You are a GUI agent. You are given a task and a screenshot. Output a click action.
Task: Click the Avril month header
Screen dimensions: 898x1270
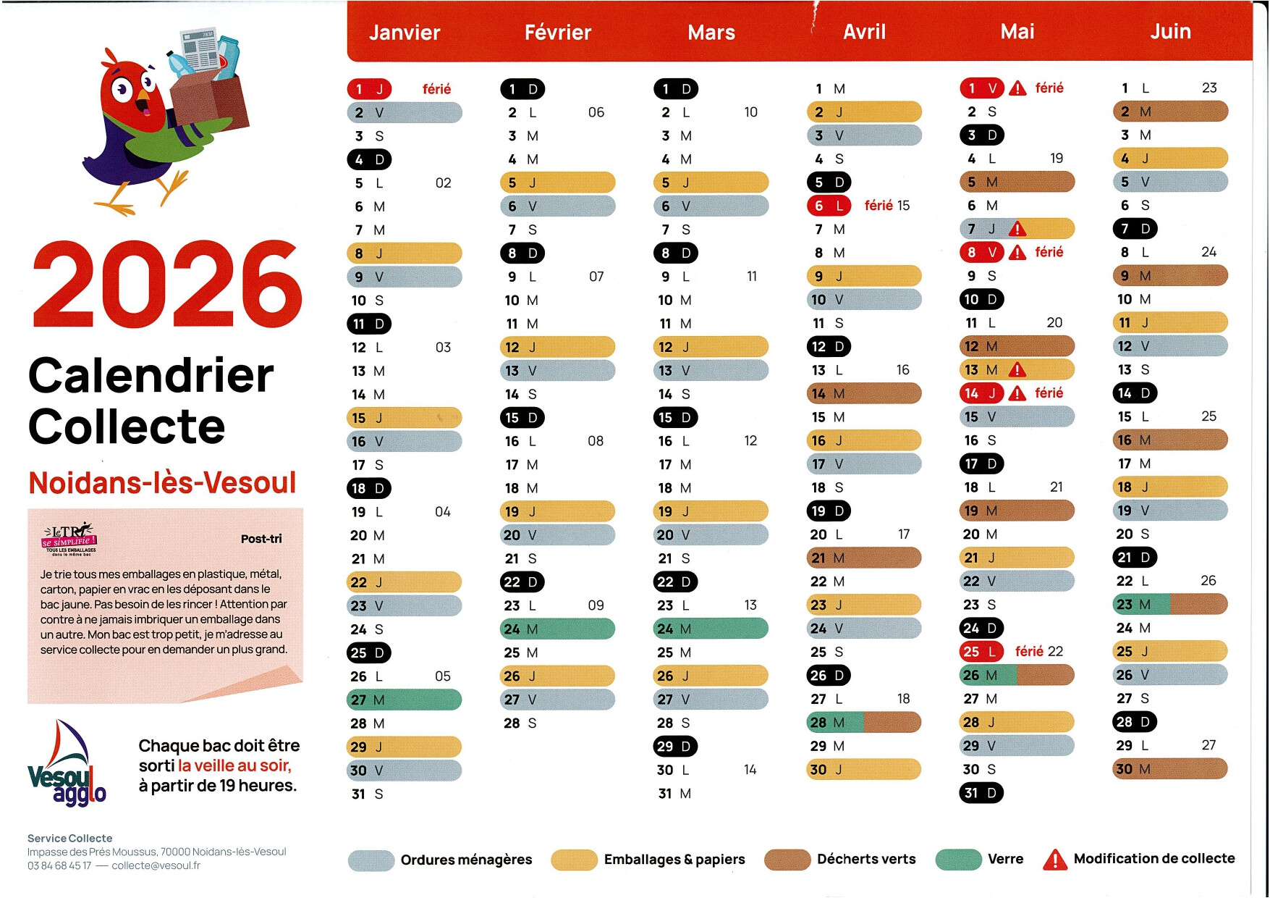point(864,32)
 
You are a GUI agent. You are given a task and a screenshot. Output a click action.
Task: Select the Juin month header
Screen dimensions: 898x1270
point(1170,32)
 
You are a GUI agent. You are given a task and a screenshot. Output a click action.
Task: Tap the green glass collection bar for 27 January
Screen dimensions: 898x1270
point(404,700)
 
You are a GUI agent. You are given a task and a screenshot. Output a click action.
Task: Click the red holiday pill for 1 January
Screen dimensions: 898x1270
point(369,89)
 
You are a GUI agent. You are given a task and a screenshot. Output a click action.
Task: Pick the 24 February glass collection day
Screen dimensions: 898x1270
point(557,629)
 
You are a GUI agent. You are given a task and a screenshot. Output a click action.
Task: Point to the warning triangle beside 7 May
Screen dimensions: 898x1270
point(1017,229)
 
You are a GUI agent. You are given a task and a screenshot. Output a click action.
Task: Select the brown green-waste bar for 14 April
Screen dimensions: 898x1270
point(863,393)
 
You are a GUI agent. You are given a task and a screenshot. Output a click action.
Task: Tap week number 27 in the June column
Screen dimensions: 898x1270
point(1208,745)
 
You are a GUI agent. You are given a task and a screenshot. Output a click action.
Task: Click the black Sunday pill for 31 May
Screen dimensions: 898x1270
point(981,793)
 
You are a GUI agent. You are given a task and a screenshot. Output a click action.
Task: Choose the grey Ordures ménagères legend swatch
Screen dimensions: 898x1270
point(371,860)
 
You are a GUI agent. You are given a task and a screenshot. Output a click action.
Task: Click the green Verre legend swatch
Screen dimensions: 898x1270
point(958,859)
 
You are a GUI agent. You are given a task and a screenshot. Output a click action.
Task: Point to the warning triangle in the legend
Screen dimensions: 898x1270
point(1055,859)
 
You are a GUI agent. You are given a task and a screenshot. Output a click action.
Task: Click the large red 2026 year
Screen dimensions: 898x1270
point(166,285)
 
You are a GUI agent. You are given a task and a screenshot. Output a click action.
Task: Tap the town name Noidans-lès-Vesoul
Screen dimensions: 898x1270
point(162,482)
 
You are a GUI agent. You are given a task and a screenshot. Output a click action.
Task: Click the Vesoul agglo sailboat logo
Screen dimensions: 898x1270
point(67,763)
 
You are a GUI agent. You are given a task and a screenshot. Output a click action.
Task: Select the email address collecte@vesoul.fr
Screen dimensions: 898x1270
point(156,865)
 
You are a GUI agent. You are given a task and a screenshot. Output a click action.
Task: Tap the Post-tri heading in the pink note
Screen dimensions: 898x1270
point(261,539)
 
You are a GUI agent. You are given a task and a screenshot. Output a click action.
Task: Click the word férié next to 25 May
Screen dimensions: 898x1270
point(1029,651)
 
